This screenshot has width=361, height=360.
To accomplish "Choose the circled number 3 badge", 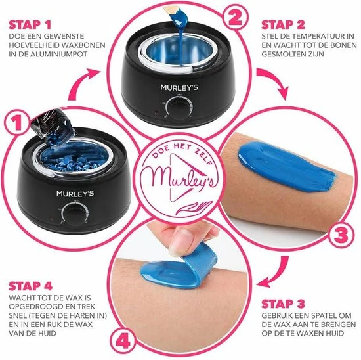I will [x=340, y=233].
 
